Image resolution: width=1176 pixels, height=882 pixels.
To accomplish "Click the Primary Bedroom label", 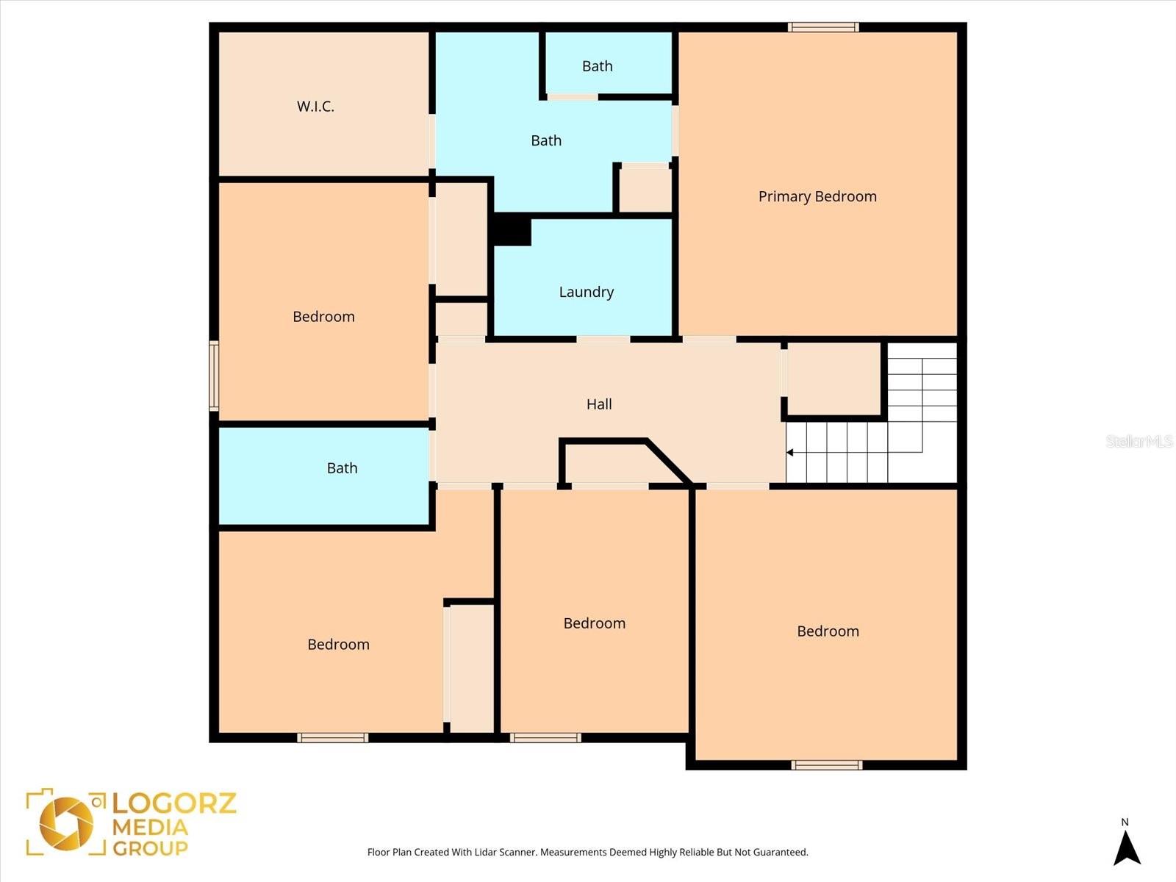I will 817,196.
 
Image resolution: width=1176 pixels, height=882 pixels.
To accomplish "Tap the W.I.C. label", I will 315,107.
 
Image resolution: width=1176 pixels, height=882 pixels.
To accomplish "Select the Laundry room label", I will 586,292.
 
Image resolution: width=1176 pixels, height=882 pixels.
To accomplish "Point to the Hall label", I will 599,404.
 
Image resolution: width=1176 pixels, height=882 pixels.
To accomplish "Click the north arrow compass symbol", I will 1126,847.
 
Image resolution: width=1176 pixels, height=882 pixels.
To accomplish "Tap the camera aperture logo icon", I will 66,822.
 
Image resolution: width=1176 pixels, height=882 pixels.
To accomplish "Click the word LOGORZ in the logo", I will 174,802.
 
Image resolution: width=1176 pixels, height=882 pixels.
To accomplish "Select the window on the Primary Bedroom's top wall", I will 823,28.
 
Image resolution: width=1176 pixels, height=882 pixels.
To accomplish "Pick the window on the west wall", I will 214,375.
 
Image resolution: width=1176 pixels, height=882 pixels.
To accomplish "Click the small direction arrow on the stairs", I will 790,453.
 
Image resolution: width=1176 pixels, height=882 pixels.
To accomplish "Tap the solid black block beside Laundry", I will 512,230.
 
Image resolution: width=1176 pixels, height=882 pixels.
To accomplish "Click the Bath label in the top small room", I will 597,66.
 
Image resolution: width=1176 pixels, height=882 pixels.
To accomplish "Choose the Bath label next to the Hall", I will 342,468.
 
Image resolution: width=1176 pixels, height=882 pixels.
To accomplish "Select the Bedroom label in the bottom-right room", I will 828,631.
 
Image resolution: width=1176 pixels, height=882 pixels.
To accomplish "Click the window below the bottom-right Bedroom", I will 827,765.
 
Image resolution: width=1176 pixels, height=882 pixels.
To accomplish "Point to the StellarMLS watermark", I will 1139,441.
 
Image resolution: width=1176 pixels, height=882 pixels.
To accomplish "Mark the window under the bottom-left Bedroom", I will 333,738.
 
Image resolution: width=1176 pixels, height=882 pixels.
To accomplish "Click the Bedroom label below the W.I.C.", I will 323,317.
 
